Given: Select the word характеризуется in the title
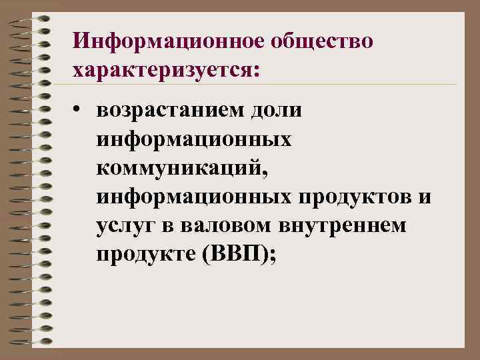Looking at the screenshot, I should click(x=159, y=69).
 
